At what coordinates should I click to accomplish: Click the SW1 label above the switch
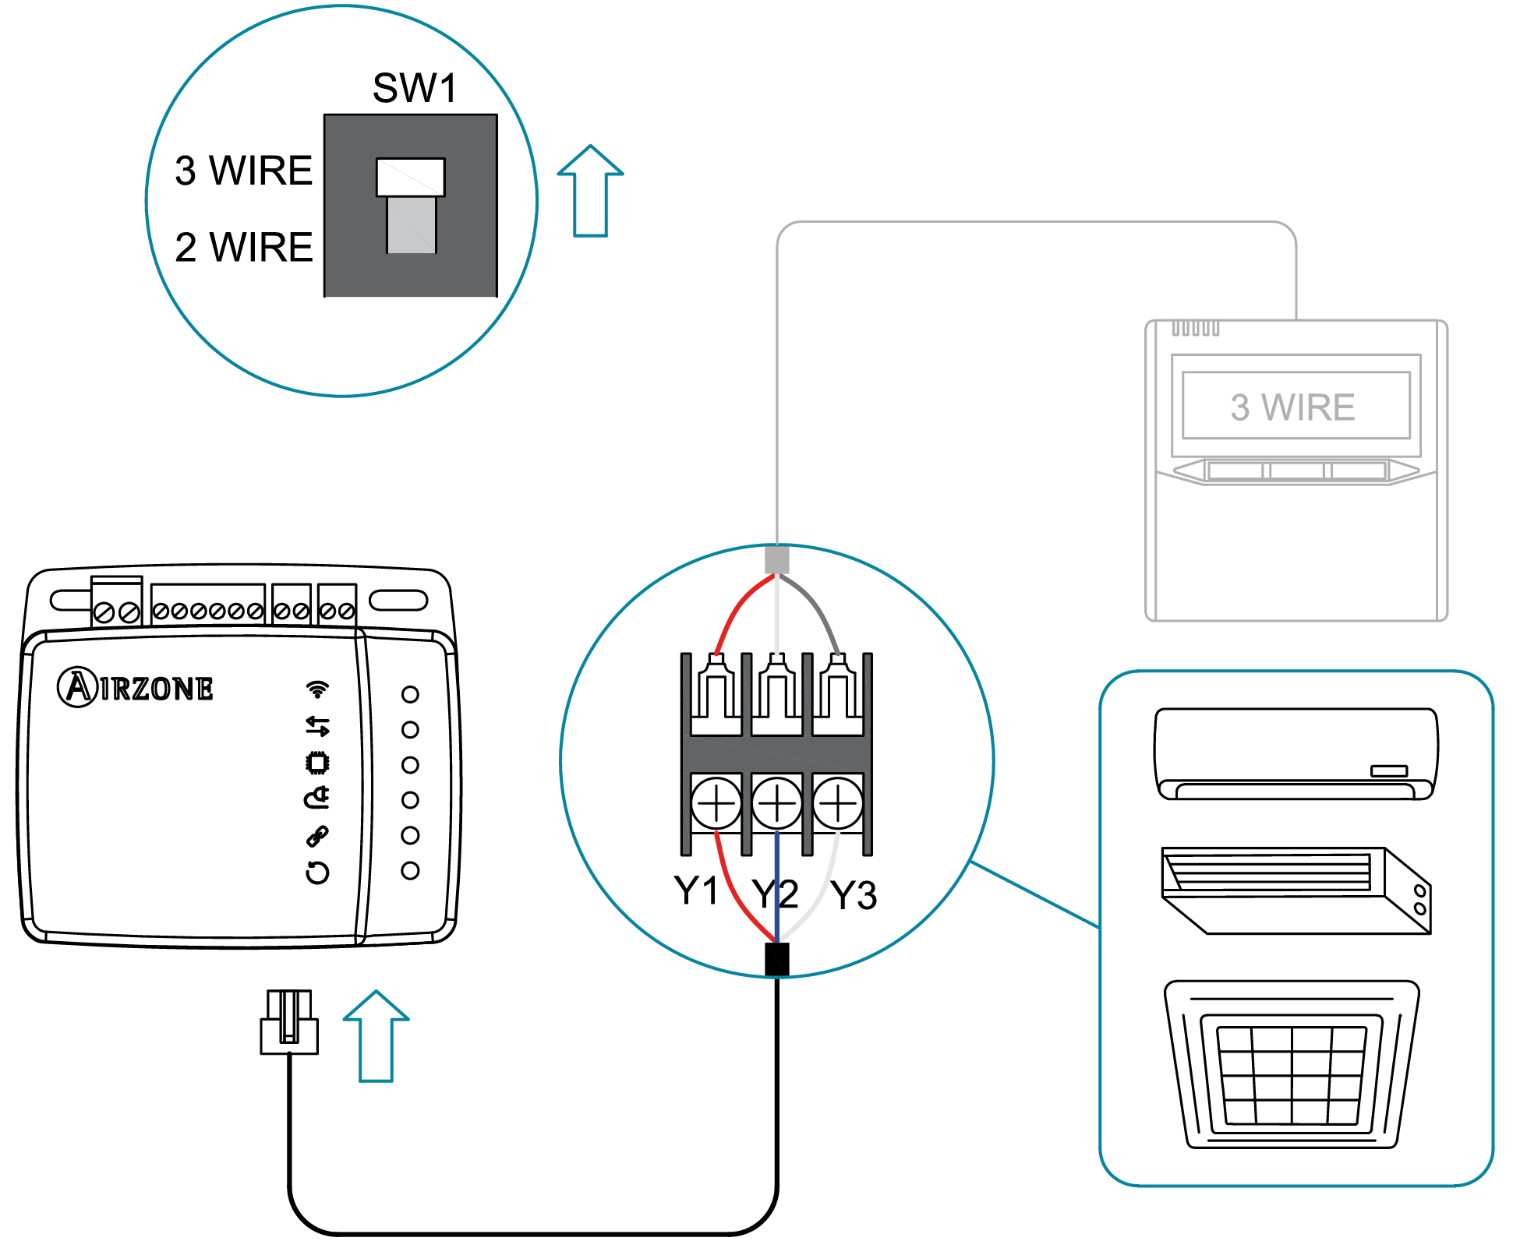pos(414,88)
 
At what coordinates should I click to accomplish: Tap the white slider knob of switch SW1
pos(410,178)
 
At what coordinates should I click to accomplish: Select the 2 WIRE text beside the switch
pos(244,248)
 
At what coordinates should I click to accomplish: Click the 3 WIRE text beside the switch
pos(244,171)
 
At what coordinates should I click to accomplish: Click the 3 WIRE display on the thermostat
pos(1295,407)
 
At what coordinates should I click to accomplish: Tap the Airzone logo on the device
pos(136,687)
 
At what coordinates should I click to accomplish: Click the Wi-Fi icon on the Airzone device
pos(317,689)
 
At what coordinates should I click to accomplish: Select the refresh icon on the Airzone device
pos(317,872)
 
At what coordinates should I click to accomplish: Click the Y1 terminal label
pos(695,890)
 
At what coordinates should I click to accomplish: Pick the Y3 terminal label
pos(854,895)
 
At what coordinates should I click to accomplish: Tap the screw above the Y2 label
pos(776,803)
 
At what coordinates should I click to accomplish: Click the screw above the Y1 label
pos(716,803)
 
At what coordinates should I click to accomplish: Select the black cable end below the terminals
pos(776,960)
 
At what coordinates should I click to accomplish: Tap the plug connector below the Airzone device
pos(288,1023)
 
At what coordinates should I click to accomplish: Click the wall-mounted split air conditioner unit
pos(1296,753)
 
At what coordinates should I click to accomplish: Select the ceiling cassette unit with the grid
pos(1292,1064)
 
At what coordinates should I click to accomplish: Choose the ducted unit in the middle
pos(1296,890)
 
